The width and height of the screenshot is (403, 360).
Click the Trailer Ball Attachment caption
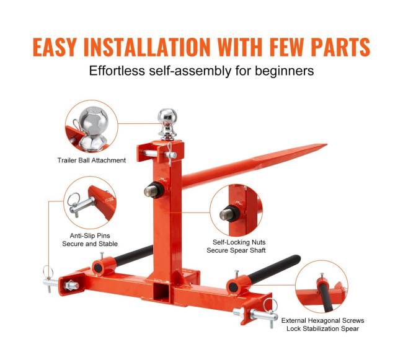pyautogui.click(x=92, y=160)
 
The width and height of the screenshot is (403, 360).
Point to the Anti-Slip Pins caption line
pyautogui.click(x=90, y=235)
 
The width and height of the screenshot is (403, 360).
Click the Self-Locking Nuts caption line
pyautogui.click(x=239, y=242)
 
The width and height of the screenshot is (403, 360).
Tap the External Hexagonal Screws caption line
pyautogui.click(x=322, y=320)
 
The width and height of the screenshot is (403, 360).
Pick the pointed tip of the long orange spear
pyautogui.click(x=326, y=145)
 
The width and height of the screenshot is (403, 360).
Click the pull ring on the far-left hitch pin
pyautogui.click(x=48, y=271)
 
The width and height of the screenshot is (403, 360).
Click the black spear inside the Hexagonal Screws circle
pyautogui.click(x=324, y=297)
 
